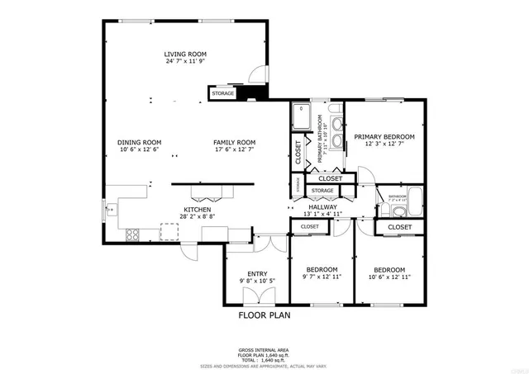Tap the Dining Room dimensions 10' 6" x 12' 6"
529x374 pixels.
click(140, 149)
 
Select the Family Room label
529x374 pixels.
click(234, 142)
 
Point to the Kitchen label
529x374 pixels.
click(198, 211)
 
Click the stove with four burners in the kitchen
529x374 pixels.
click(131, 235)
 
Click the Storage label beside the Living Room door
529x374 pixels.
click(223, 94)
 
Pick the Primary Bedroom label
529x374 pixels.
click(384, 136)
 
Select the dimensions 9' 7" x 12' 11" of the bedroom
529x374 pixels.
click(322, 277)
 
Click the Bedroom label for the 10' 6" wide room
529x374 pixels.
click(388, 270)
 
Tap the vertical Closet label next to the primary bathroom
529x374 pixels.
click(298, 149)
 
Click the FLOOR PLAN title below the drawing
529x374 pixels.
click(264, 315)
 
